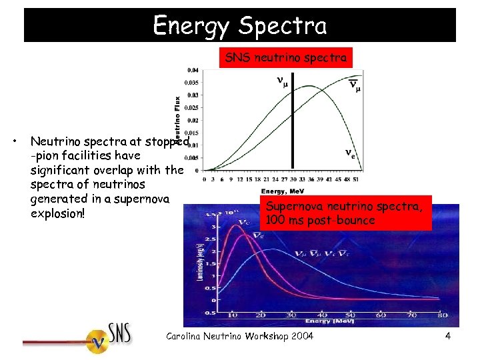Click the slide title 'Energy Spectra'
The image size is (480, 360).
[x=240, y=25]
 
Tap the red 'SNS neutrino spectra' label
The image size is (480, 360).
[x=285, y=58]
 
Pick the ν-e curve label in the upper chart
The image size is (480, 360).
[x=349, y=153]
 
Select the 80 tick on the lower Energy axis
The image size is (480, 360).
[x=443, y=315]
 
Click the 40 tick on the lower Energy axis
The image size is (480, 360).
[x=323, y=315]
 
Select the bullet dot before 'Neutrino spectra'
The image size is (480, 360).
[x=15, y=141]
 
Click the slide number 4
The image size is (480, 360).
[x=448, y=336]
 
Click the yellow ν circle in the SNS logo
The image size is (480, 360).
[x=99, y=341]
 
